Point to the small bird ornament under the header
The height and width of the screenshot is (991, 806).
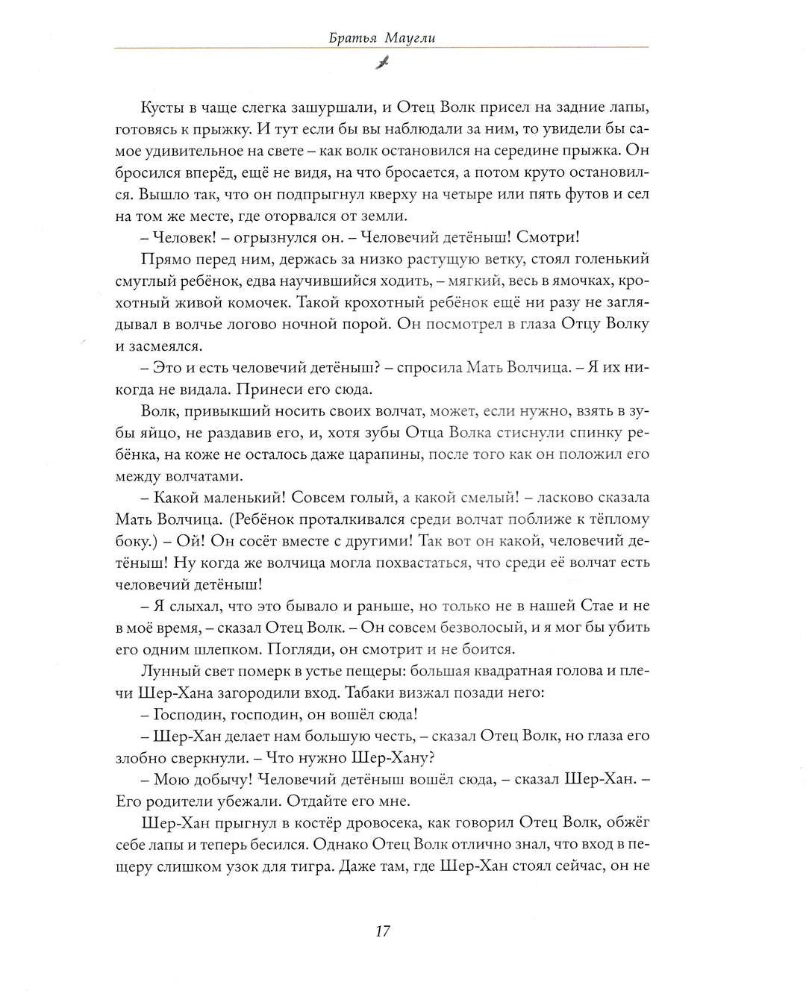[x=382, y=63]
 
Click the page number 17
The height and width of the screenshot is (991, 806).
[x=382, y=931]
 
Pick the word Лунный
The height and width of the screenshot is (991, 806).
[x=166, y=670]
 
